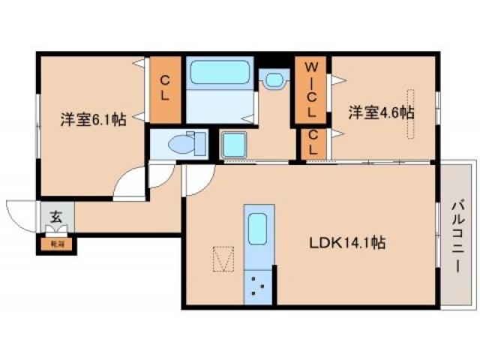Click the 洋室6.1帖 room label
click(x=92, y=118)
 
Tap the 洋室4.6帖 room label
click(x=381, y=112)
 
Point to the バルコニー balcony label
click(x=457, y=235)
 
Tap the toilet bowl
click(x=183, y=142)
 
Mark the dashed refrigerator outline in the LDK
click(x=225, y=259)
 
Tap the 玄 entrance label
click(x=55, y=218)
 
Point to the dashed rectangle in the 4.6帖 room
click(x=410, y=114)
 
